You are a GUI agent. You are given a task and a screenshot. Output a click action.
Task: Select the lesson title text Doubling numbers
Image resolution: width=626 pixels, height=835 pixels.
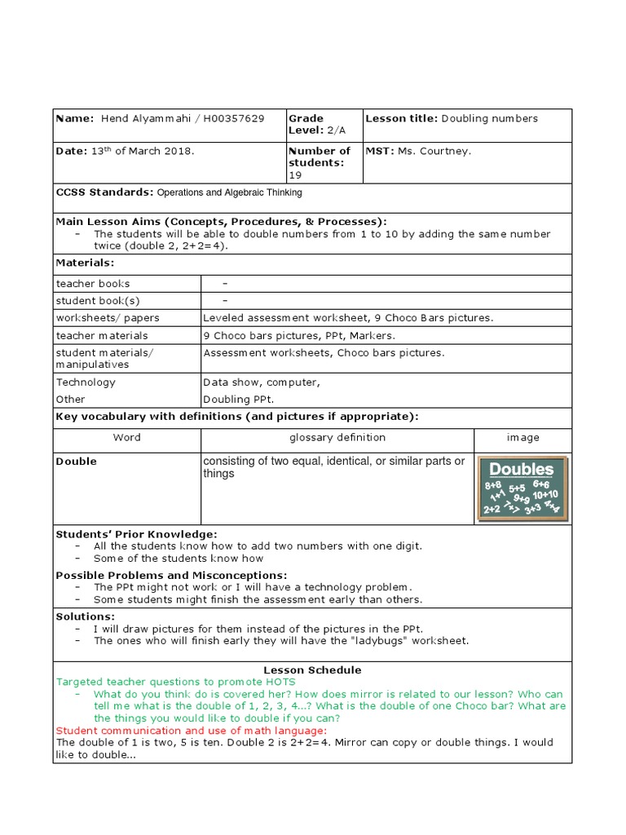(x=490, y=119)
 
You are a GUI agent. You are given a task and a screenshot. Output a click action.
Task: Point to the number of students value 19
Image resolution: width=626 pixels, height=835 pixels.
(x=294, y=175)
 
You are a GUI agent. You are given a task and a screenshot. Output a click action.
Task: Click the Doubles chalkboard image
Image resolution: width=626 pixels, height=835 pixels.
(x=522, y=489)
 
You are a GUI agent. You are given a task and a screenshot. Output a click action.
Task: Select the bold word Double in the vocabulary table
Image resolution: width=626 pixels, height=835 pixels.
(x=76, y=462)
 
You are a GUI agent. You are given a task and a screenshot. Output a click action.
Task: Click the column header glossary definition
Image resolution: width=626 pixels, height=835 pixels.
(x=337, y=438)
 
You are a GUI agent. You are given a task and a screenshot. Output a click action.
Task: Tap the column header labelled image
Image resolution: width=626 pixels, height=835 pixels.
(x=522, y=438)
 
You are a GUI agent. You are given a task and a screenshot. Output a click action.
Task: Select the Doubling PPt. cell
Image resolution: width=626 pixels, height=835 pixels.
(x=239, y=400)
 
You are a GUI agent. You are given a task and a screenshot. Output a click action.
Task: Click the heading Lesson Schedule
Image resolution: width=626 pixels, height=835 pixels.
(x=312, y=670)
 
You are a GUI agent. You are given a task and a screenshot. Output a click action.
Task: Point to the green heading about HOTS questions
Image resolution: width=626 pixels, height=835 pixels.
(x=175, y=682)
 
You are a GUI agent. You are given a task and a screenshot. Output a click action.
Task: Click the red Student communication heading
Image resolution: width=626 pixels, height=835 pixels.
(x=191, y=731)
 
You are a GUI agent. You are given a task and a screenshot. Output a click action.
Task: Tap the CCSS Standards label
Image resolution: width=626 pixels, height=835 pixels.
(x=104, y=192)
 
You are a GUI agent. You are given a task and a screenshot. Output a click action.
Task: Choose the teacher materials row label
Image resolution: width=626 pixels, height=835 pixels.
(x=102, y=336)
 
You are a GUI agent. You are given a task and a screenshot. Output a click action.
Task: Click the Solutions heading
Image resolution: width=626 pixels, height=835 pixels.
(x=85, y=616)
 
